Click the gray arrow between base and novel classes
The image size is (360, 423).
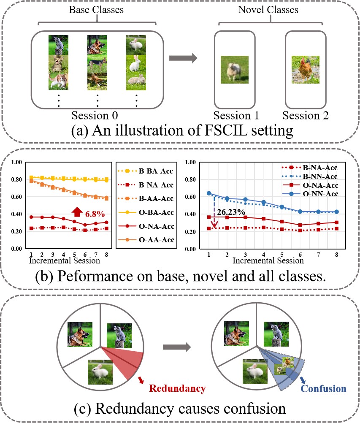point(183,59)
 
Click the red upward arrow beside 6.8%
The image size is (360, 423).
point(77,213)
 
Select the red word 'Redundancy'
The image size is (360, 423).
point(177,388)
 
